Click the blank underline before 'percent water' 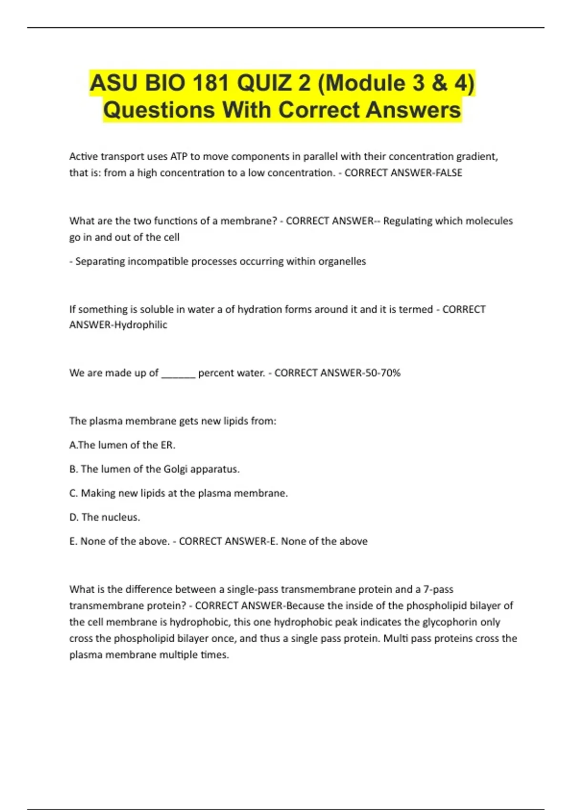(x=178, y=374)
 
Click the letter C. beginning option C (x=73, y=493)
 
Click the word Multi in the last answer (x=396, y=638)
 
